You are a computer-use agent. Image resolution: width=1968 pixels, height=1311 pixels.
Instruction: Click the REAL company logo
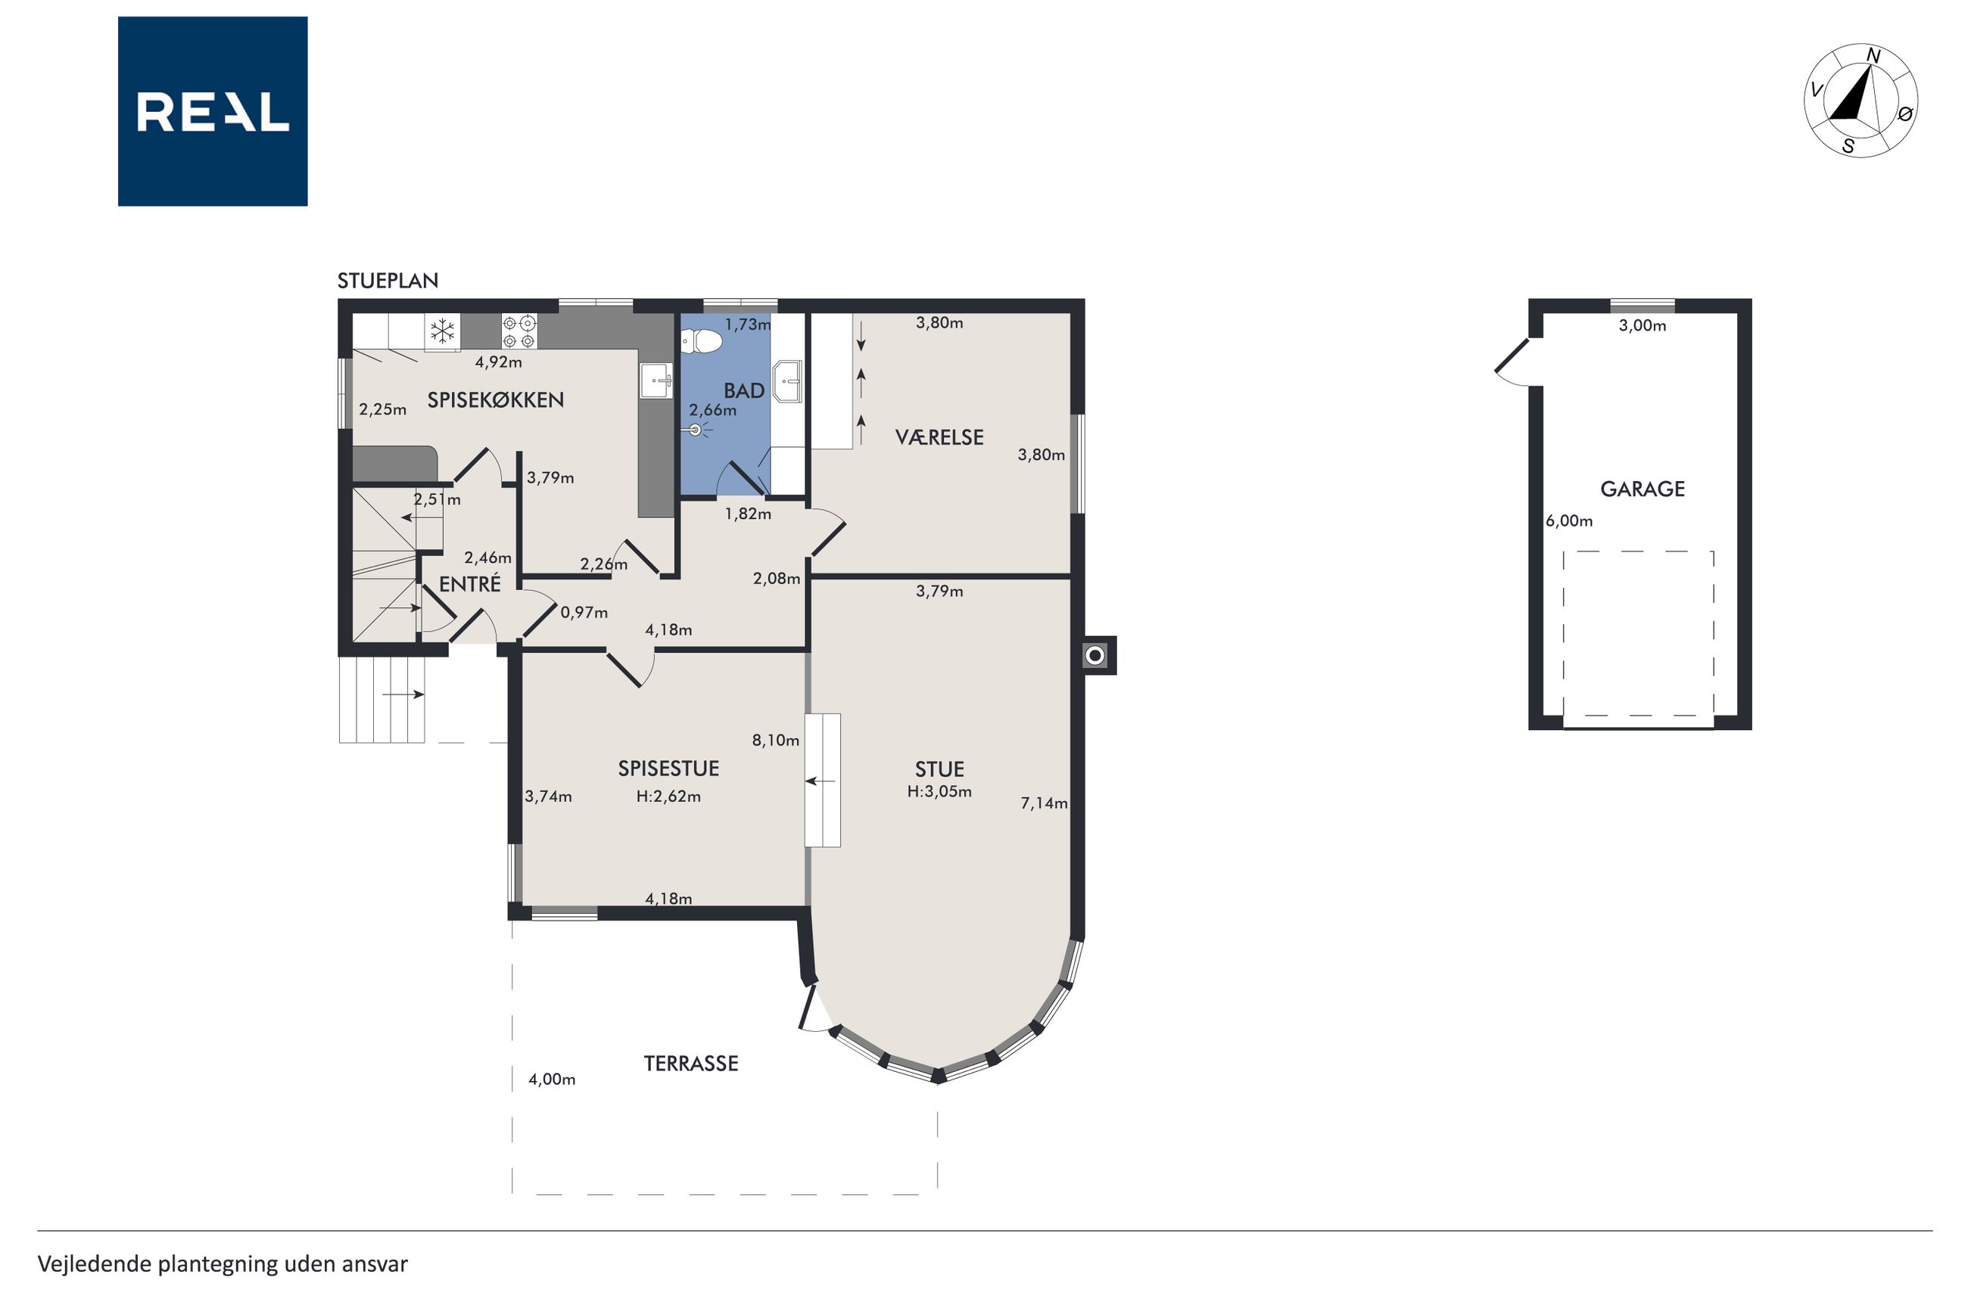213,111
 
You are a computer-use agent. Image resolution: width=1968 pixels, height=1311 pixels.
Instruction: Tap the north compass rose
1861,101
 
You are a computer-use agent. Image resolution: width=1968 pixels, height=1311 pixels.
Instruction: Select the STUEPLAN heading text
388,281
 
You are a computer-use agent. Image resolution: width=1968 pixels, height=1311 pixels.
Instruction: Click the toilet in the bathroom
701,341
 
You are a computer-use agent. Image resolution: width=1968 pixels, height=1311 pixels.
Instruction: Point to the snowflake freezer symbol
443,331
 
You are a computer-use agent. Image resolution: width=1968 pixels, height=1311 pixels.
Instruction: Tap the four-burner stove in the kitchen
518,331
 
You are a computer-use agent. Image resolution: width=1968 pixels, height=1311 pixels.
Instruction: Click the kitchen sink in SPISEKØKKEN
656,381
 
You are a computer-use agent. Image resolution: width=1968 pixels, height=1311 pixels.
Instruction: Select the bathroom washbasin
787,381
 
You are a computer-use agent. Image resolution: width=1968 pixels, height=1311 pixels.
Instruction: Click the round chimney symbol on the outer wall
1095,655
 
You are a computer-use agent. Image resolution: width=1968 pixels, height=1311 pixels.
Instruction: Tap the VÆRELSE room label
939,437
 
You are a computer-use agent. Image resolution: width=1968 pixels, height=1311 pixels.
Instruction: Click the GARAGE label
1643,489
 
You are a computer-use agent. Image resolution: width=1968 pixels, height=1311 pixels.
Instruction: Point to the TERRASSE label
691,1064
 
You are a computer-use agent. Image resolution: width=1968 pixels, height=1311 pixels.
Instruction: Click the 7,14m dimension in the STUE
1044,803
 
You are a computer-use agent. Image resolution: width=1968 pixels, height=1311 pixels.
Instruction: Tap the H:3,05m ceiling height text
939,792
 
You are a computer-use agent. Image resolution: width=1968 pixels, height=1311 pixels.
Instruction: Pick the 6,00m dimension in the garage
1569,521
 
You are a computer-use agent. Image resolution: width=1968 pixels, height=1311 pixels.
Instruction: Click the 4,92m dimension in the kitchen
499,363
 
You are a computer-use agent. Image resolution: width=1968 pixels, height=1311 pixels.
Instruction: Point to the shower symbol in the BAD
696,430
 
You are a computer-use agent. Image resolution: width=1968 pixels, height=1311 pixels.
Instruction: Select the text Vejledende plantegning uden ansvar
223,1264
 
